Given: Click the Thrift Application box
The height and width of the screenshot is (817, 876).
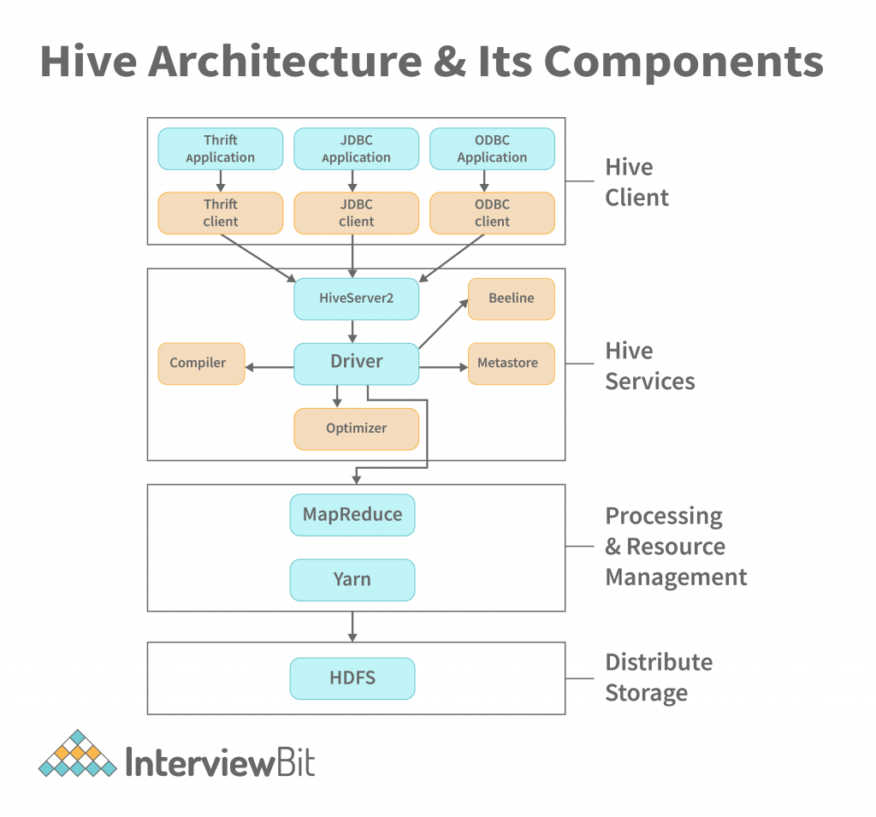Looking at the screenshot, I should pos(221,149).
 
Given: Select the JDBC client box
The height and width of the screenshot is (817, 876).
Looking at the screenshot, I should pos(356,213).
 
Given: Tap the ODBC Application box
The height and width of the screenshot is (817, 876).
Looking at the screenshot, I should pos(492,149).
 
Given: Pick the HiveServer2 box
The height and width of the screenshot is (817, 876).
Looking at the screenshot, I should pos(356,299).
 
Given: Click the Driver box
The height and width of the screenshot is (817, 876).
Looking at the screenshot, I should pos(356,363).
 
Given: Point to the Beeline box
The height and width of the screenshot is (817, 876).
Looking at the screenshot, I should pos(511,299).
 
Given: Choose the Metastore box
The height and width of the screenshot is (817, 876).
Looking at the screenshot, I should pos(511,363).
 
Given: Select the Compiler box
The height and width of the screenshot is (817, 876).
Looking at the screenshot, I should pos(201,363).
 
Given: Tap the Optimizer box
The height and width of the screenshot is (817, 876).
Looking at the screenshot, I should pos(356,429).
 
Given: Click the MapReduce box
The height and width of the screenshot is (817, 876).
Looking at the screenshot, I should pos(352,515).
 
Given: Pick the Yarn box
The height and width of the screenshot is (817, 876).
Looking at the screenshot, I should pos(352,580).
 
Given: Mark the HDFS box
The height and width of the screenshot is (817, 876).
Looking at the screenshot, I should pos(352,678).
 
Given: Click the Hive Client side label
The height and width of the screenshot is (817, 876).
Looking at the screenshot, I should pos(636,182).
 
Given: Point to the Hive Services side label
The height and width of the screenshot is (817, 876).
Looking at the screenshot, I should pos(649,366).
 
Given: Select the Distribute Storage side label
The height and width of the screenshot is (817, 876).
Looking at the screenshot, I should pos(658,678).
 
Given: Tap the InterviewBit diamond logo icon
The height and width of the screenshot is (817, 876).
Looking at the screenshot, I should pos(78,755).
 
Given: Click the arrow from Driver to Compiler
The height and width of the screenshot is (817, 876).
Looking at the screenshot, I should pos(269,368).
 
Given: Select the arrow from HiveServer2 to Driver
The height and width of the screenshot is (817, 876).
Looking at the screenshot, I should pos(352,332).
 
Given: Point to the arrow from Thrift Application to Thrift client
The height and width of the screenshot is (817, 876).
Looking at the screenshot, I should pos(221,181).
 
